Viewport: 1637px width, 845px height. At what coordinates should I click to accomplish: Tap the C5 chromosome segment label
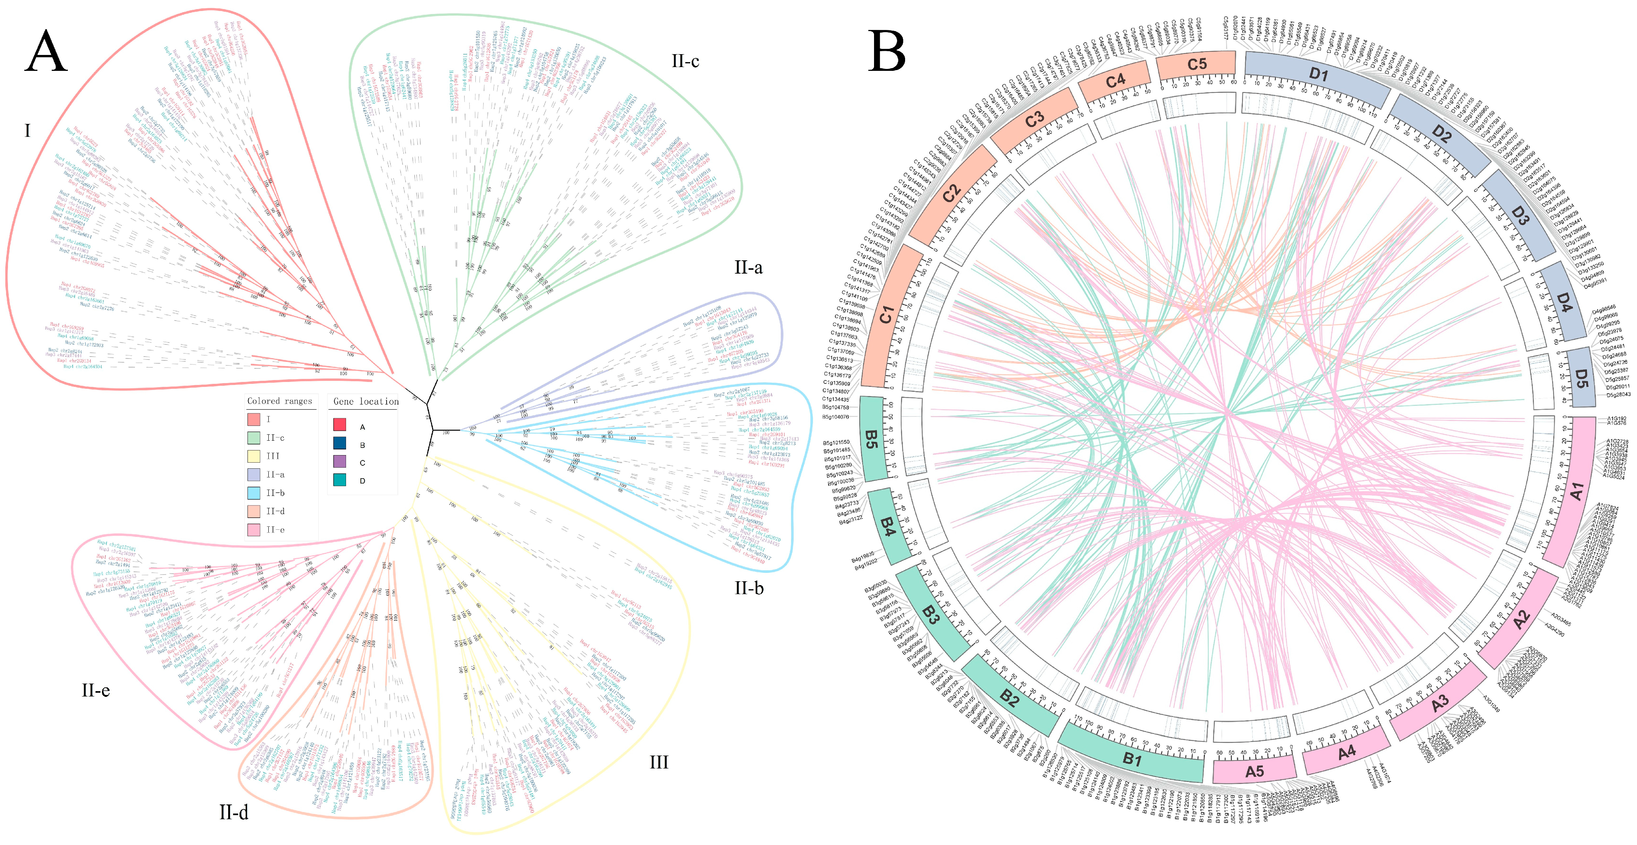click(1197, 64)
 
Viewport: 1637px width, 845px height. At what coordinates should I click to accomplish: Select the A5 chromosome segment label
click(1254, 771)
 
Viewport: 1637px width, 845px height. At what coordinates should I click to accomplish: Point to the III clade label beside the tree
click(658, 762)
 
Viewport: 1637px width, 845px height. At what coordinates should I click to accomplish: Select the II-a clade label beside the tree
click(748, 268)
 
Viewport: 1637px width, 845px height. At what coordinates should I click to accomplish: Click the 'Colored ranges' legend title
click(280, 401)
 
